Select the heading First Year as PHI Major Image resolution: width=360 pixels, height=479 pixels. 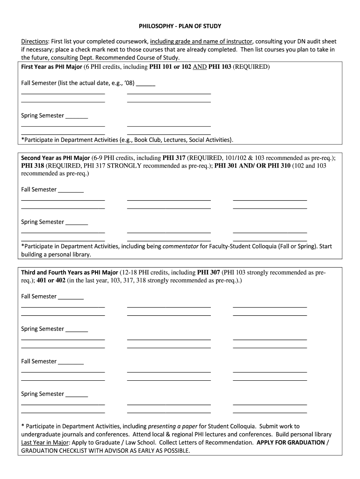51,66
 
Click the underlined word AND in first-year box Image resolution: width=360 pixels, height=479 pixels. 200,66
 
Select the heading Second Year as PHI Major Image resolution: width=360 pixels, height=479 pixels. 56,158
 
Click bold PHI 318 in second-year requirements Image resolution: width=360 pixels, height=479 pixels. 32,166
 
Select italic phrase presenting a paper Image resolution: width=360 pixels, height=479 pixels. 173,426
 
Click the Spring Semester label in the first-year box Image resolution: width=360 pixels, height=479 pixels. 43,116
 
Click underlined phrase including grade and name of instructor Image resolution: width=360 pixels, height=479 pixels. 201,42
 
